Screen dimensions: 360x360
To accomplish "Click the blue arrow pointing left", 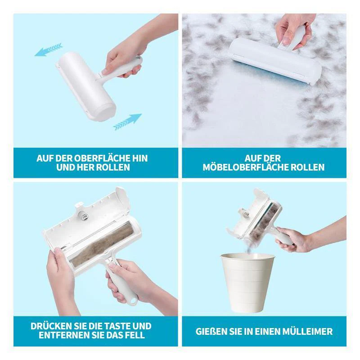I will (48, 49).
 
